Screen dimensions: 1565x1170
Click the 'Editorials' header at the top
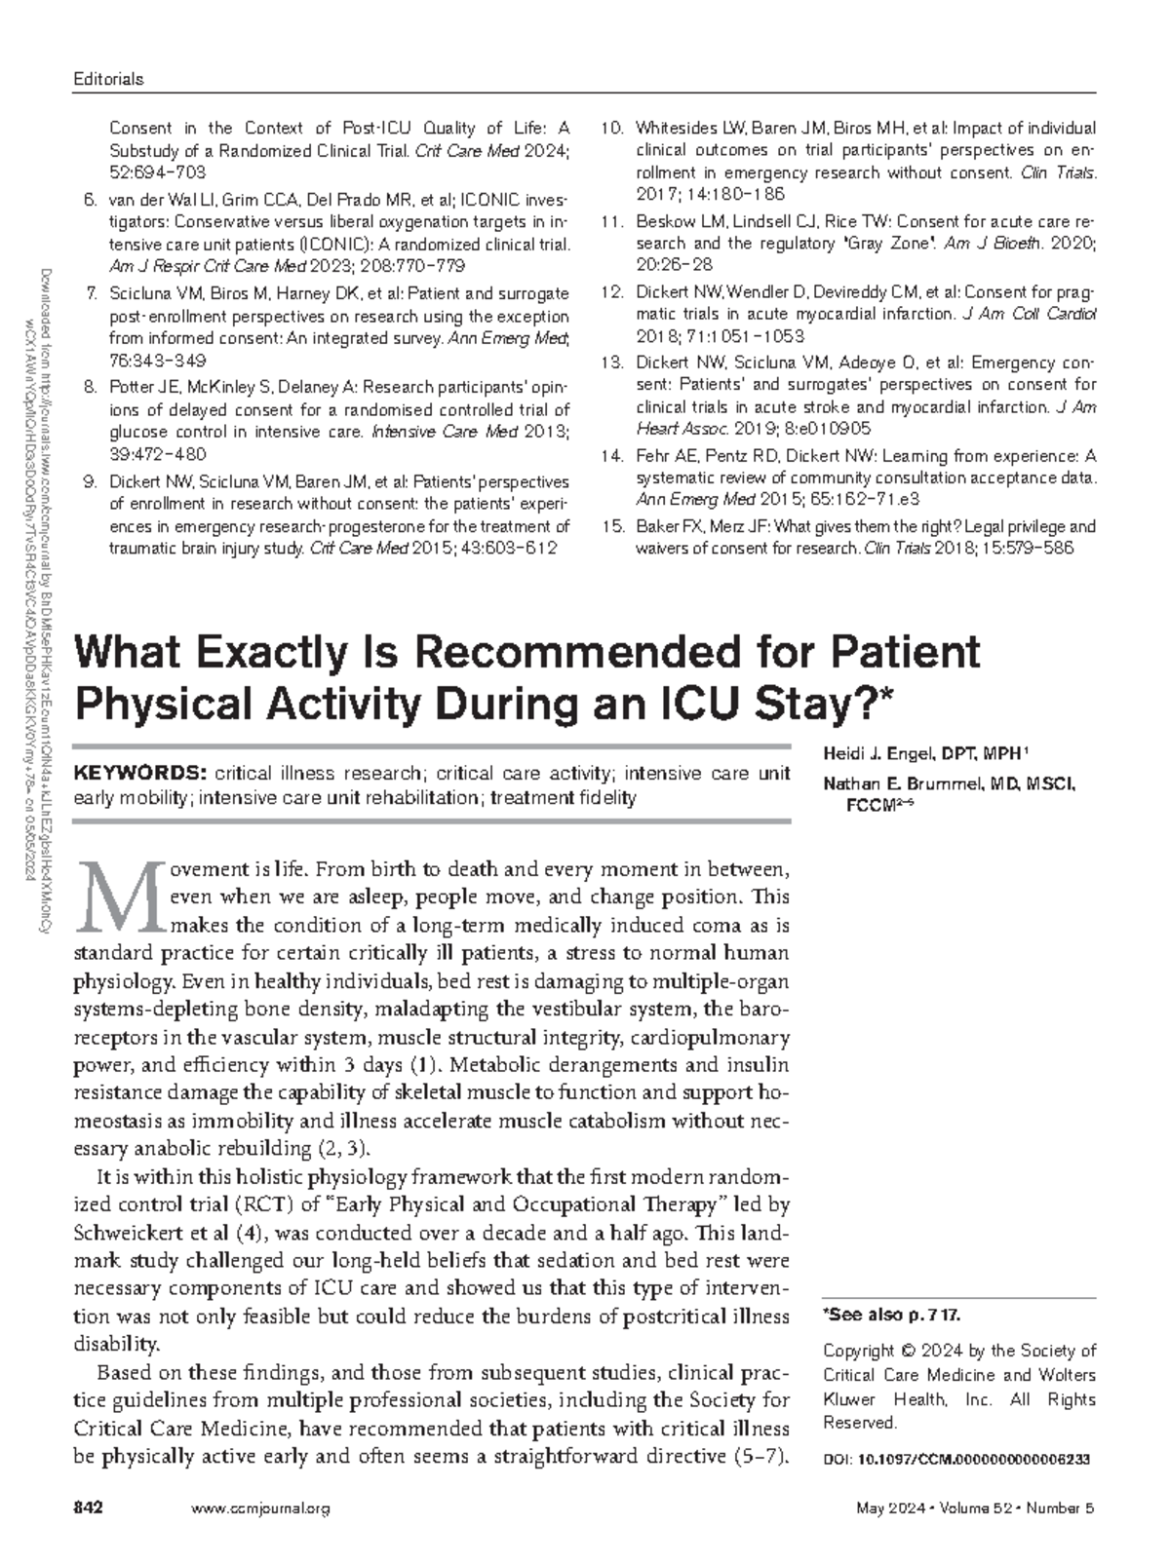[x=109, y=79]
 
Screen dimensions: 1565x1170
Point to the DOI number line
[x=955, y=1460]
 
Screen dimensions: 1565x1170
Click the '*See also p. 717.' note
[x=892, y=1315]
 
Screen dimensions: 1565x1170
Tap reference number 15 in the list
[x=612, y=526]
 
